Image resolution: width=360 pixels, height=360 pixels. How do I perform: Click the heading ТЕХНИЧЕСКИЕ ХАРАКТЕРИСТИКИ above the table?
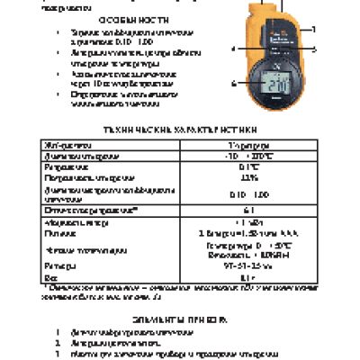point(179,129)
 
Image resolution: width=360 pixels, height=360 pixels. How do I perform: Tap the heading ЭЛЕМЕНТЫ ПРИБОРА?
point(179,319)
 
